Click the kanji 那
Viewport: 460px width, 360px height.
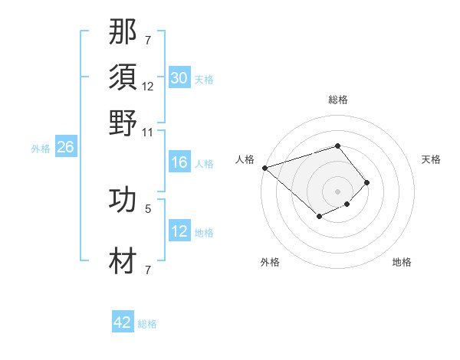[x=123, y=34]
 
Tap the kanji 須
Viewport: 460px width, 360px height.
[x=123, y=77]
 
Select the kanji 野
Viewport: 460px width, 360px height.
[x=123, y=123]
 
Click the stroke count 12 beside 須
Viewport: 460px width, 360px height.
[x=147, y=87]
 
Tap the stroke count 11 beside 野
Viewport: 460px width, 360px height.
[x=147, y=132]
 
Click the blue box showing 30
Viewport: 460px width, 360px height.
[x=179, y=77]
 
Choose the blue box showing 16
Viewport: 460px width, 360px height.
[x=179, y=162]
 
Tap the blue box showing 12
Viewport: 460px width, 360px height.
[x=179, y=231]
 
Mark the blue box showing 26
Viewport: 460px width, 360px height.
[x=65, y=148]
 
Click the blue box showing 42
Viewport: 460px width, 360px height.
[x=123, y=322]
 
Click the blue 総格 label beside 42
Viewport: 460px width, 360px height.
[x=147, y=324]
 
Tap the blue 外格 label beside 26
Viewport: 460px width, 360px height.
[x=40, y=149]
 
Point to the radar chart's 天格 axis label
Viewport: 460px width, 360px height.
[x=431, y=159]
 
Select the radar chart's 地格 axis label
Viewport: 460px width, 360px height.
[x=402, y=262]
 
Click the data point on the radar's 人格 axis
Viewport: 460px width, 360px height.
[x=264, y=168]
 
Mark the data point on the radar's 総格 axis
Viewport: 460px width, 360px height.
[x=337, y=146]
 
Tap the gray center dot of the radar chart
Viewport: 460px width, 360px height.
[x=337, y=191]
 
